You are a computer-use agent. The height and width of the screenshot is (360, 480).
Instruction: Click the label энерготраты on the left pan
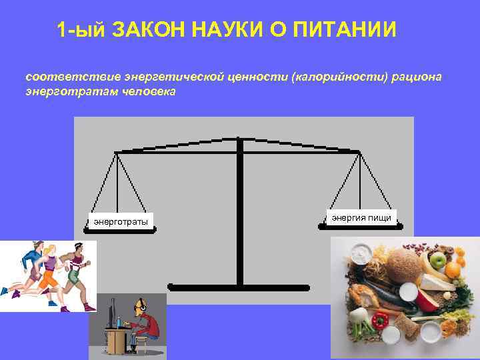[x=121, y=221]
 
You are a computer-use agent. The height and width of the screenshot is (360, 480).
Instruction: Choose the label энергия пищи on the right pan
[x=361, y=217]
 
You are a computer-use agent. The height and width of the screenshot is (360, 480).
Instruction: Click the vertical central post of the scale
[x=239, y=213]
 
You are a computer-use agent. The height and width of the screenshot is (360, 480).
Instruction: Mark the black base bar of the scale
[x=239, y=287]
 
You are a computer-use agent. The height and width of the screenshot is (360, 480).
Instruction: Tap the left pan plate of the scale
[x=121, y=229]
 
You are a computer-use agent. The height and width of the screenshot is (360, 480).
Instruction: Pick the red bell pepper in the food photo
[x=379, y=321]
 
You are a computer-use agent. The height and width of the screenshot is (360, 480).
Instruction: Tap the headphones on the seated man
[x=138, y=304]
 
